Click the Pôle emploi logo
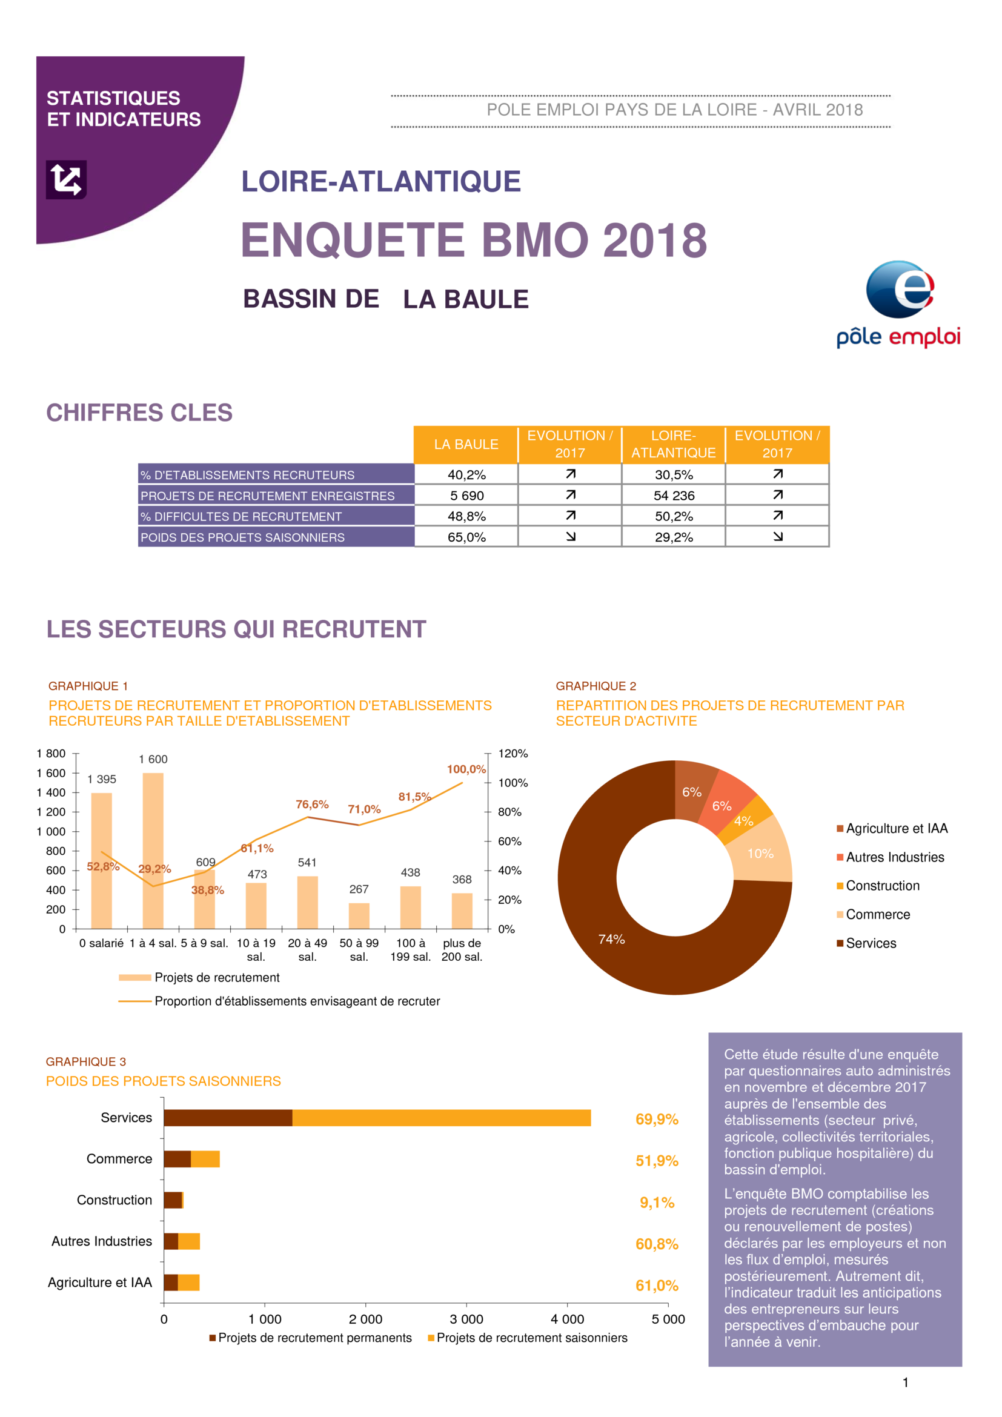pos(898,304)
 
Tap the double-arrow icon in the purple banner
pos(66,179)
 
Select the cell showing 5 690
pos(466,496)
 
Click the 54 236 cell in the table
pos(674,496)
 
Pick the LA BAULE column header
pos(466,444)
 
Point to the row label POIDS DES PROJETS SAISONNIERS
pos(242,537)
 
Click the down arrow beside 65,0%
pos(571,536)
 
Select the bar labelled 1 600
pos(153,851)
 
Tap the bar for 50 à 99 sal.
pos(359,916)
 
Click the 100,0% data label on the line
pos(466,769)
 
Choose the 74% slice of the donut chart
pos(617,926)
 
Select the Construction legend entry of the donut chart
pos(878,886)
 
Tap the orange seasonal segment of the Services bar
pos(441,1118)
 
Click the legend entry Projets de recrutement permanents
pos(310,1338)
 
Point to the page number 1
pos(905,1382)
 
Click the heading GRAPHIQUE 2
pos(596,686)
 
